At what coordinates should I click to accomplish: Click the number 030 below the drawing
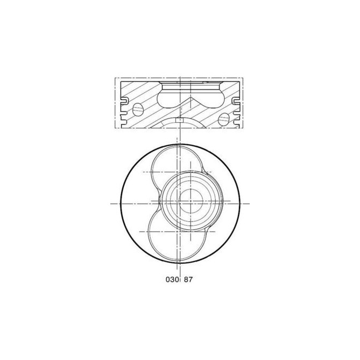(x=170, y=279)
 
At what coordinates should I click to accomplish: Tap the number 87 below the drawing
(x=188, y=279)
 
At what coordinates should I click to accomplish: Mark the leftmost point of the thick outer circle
(x=119, y=204)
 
